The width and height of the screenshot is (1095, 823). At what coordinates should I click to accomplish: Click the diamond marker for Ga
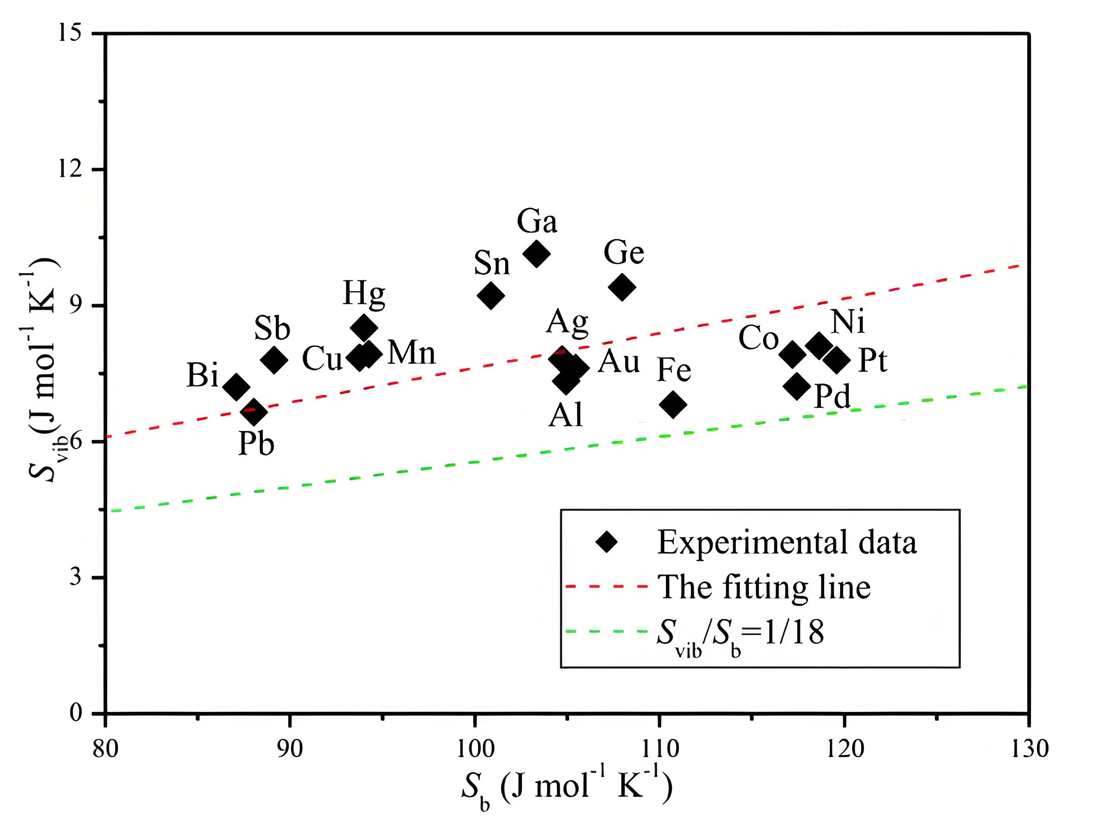pos(536,253)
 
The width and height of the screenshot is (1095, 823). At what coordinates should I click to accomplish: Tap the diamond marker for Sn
pos(491,296)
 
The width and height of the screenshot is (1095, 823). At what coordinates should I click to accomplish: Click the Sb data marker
pos(274,360)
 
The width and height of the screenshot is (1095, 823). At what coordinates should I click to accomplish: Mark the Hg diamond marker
pos(364,327)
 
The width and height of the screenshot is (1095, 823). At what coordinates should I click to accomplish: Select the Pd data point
pos(797,386)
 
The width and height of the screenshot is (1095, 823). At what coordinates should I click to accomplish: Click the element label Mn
pos(411,353)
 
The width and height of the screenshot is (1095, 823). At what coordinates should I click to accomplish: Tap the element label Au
pos(619,362)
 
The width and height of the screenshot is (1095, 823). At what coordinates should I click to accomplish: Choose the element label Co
pos(758,339)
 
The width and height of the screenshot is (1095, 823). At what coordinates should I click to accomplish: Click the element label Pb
pos(256,444)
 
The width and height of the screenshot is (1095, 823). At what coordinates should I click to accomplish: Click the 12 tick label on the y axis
pos(69,169)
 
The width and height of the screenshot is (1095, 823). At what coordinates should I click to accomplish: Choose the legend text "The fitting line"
pos(764,587)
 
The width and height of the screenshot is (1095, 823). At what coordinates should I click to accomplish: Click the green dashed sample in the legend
pos(606,631)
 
